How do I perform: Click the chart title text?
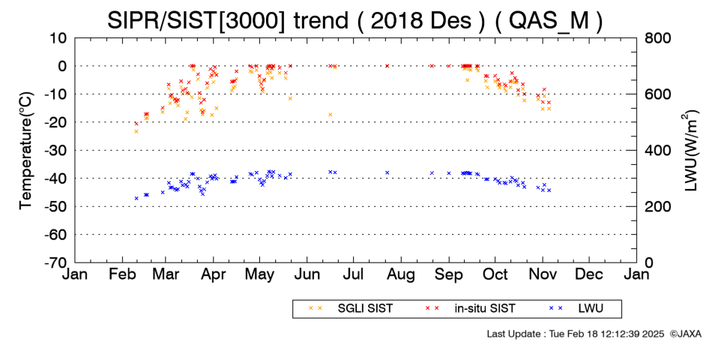(x=355, y=20)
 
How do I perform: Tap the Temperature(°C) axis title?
(x=26, y=151)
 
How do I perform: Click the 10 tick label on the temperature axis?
(x=58, y=38)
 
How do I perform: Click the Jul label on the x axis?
(x=353, y=274)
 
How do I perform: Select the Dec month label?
(x=589, y=274)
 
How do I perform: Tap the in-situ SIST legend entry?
(x=470, y=309)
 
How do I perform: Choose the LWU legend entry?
(x=576, y=309)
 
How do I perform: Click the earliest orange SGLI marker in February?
(x=136, y=131)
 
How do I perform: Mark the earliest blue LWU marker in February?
(x=136, y=198)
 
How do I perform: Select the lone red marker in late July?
(x=387, y=66)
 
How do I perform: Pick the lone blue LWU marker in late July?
(x=387, y=172)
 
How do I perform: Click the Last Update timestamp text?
(x=576, y=334)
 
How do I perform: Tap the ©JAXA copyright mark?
(x=685, y=334)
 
